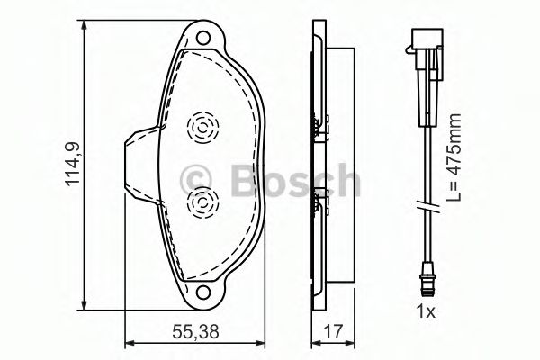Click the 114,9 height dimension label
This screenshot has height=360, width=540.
coord(74,165)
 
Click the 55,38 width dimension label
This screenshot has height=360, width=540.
coord(195,332)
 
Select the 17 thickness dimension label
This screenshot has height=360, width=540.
coord(333,332)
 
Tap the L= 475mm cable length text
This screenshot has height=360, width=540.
coord(454,157)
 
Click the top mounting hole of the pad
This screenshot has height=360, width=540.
coord(203,38)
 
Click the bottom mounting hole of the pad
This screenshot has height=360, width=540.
coord(203,292)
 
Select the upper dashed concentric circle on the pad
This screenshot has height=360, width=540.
coord(203,128)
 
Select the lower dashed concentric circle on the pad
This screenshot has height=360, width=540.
coord(203,202)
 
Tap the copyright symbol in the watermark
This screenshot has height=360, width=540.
coord(195,180)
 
